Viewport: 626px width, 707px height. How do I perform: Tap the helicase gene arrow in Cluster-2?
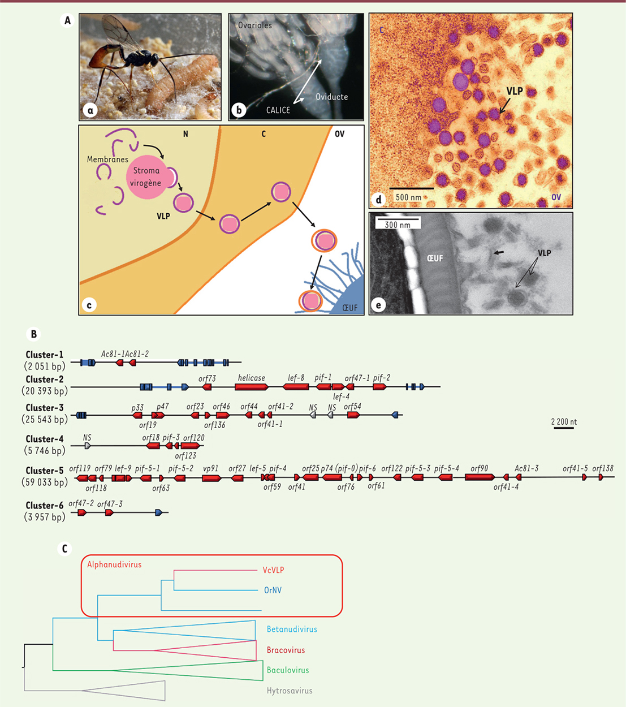click(x=252, y=387)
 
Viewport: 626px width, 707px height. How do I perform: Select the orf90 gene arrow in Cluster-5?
click(x=480, y=477)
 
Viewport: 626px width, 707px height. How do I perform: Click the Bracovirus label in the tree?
click(x=286, y=650)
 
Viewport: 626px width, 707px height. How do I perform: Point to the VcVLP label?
click(x=273, y=570)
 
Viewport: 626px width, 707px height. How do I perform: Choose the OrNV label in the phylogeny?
click(x=273, y=590)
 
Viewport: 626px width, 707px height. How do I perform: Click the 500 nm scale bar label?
click(x=408, y=197)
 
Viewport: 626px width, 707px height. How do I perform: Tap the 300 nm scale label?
click(x=398, y=225)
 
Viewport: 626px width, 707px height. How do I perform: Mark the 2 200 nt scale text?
click(x=564, y=421)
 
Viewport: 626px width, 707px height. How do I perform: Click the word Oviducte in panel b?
click(x=332, y=97)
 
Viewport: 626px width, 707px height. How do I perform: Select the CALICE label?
click(x=278, y=110)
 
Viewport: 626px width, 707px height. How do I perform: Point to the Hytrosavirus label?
click(x=290, y=690)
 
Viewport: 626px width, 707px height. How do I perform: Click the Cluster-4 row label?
click(x=45, y=439)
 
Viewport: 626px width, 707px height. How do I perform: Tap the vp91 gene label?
click(x=210, y=468)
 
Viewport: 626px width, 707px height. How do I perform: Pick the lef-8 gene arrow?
click(x=296, y=387)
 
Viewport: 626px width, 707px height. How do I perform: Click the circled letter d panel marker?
click(x=378, y=200)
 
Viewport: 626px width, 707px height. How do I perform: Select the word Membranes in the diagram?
click(x=107, y=159)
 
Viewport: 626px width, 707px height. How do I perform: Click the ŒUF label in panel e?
click(x=435, y=258)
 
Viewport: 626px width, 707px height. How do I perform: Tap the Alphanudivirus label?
click(x=114, y=564)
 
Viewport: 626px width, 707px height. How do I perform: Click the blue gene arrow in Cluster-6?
click(x=159, y=512)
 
